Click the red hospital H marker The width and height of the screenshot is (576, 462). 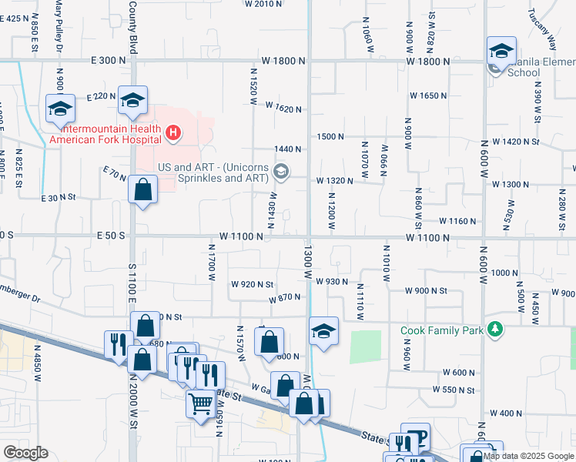coord(173,133)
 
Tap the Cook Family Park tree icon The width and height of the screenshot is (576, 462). coord(495,330)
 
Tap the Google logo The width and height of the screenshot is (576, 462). coord(25,453)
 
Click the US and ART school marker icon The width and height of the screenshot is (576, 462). coord(281,172)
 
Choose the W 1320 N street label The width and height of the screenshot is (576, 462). coord(334,181)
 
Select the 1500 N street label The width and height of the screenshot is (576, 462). coord(330,136)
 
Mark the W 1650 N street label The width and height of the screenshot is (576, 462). coord(429,95)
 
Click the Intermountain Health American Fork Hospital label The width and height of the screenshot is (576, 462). coord(106,134)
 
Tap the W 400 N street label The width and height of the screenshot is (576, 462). coord(511,413)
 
